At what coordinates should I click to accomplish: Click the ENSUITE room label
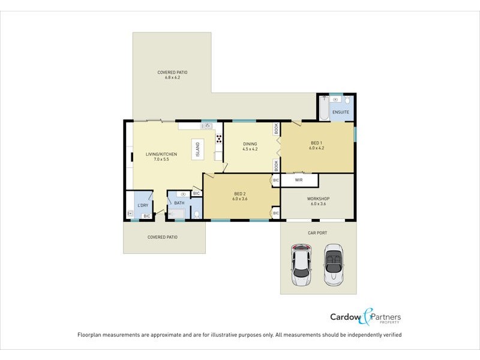tap(340, 112)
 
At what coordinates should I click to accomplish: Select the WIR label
tap(298, 179)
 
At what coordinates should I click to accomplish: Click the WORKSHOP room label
tap(318, 199)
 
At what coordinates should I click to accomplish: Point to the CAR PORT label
tap(318, 232)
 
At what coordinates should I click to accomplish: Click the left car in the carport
tap(301, 264)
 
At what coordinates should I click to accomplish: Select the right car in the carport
tap(333, 264)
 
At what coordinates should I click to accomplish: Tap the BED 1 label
tap(317, 143)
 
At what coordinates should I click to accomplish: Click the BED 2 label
tap(240, 193)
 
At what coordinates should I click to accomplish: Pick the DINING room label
tap(250, 144)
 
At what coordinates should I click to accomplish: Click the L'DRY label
tap(143, 206)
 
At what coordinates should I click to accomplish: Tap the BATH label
tap(179, 203)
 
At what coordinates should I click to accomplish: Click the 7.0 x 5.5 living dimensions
tap(161, 160)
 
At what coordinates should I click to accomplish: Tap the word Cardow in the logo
tap(346, 317)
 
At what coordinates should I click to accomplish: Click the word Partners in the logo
tap(387, 317)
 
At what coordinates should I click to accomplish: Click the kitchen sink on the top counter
tap(208, 126)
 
